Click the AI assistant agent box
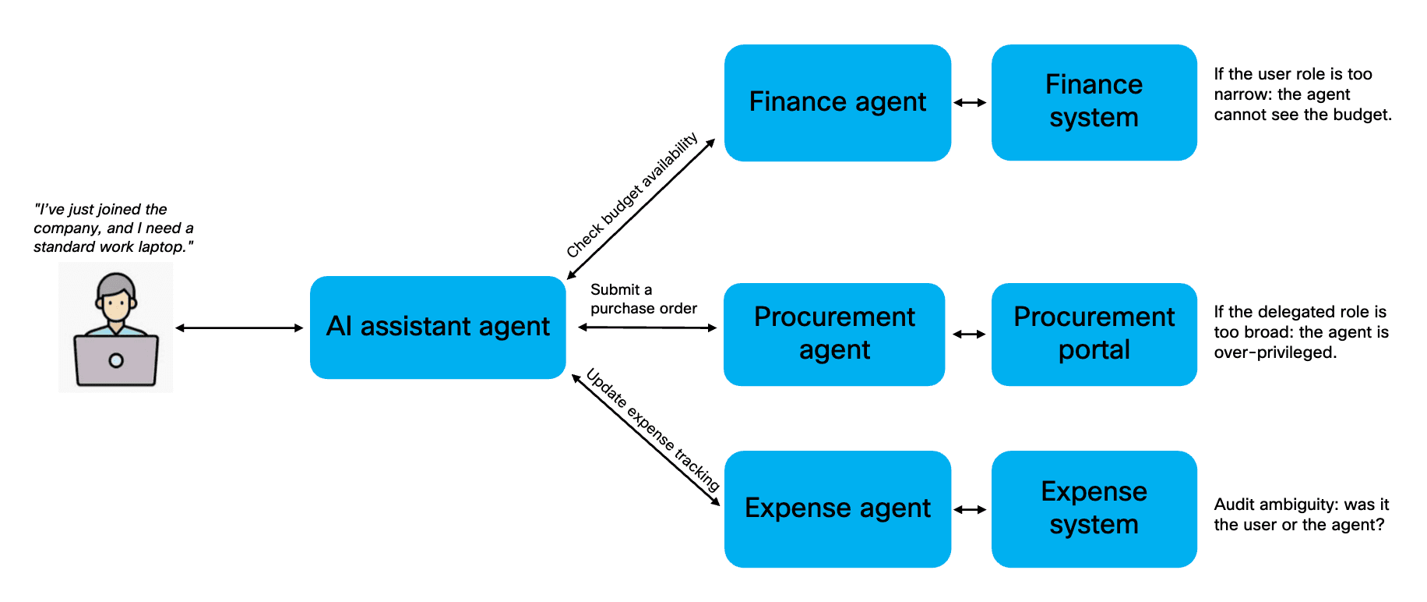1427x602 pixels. coord(438,327)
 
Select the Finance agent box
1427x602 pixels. coord(837,102)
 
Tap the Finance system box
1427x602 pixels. coord(1094,102)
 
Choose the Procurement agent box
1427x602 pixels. coord(834,334)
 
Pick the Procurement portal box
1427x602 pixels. coord(1094,334)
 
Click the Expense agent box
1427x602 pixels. coord(837,508)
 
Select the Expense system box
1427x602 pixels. coord(1094,508)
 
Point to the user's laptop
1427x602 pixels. coord(116,360)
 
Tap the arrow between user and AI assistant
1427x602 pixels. coord(239,328)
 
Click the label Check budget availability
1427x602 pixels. coord(632,195)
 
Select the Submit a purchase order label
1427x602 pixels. coord(643,299)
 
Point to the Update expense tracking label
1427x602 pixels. coord(653,430)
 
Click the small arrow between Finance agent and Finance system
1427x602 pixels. coord(970,102)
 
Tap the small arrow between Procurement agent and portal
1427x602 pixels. coord(969,334)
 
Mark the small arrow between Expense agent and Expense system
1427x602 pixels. coord(970,509)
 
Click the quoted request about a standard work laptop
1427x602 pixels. coord(113,228)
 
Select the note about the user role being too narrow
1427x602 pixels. coord(1302,94)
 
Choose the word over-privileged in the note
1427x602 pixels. coord(1275,352)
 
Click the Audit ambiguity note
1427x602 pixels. coord(1301,515)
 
